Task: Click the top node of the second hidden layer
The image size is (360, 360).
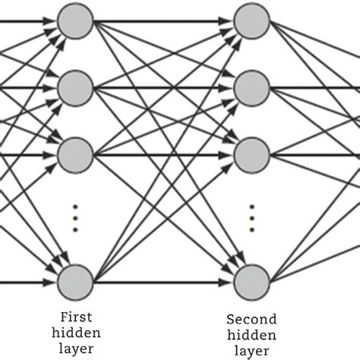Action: pyautogui.click(x=251, y=21)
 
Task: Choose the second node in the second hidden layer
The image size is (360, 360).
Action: pyautogui.click(x=251, y=88)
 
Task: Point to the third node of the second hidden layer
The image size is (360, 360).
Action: pyautogui.click(x=251, y=156)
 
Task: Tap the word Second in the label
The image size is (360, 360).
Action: pyautogui.click(x=251, y=320)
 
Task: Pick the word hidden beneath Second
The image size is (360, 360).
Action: pyautogui.click(x=251, y=334)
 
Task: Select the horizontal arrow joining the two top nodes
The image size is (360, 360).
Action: pyautogui.click(x=163, y=21)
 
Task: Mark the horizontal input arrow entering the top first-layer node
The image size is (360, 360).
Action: pyautogui.click(x=27, y=21)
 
